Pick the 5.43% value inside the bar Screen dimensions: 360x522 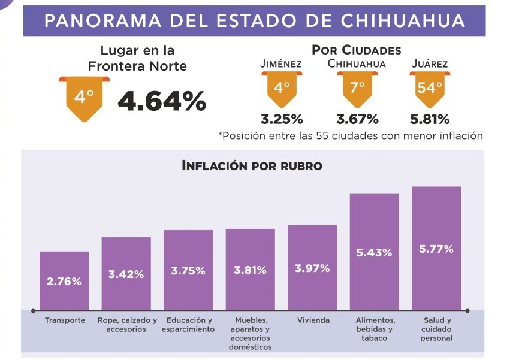pos(374,253)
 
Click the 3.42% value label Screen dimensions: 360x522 pos(126,274)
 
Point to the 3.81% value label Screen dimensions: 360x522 pos(250,270)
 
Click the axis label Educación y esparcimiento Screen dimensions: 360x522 pos(188,325)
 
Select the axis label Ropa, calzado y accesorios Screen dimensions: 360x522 pos(126,325)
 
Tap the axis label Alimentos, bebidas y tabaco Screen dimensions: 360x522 pos(375,329)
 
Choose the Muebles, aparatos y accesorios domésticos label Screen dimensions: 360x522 pos(250,334)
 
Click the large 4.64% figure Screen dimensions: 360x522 pos(162,101)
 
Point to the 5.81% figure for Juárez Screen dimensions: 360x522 pos(430,119)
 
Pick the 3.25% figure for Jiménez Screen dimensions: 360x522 pos(282,119)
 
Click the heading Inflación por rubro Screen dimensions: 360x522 pos(252,165)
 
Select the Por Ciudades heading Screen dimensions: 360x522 pos(357,50)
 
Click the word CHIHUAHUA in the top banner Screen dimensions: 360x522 pos(403,21)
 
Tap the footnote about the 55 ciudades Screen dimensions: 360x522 pos(351,135)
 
